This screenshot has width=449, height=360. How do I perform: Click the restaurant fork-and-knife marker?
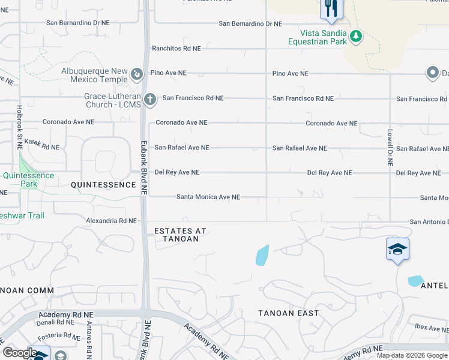(x=331, y=8)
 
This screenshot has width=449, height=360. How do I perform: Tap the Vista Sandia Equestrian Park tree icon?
(x=356, y=37)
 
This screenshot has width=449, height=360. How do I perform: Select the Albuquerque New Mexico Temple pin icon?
(x=137, y=74)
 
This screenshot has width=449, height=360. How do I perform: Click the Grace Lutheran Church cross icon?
(x=150, y=98)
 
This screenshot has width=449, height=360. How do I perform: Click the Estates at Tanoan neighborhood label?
(x=176, y=235)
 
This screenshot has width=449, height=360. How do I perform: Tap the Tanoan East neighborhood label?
(x=288, y=313)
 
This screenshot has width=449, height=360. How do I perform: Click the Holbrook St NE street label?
(x=19, y=128)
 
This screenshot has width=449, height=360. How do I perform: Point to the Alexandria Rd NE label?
(x=111, y=221)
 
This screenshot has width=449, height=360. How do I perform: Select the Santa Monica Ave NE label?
(x=208, y=197)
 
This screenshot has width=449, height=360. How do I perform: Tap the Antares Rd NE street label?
(x=89, y=340)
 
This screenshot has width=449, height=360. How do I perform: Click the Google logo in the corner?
(x=20, y=353)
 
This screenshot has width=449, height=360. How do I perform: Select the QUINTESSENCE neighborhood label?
(x=103, y=185)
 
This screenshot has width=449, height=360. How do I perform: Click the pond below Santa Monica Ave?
(x=262, y=255)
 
